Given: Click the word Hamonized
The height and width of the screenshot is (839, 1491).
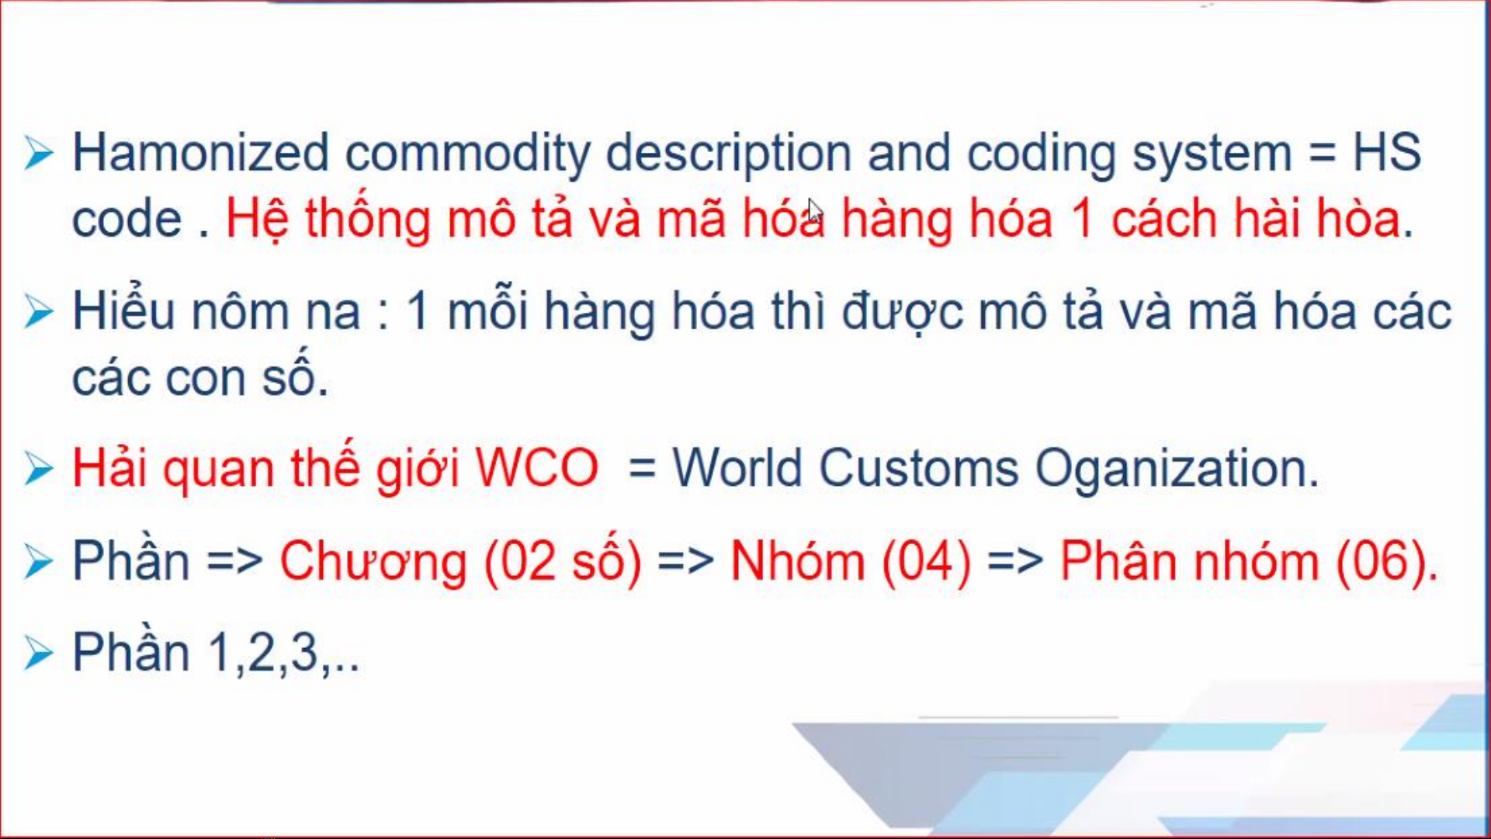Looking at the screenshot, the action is coord(200,152).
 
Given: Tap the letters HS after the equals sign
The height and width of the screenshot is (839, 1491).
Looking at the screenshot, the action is coord(1386,152).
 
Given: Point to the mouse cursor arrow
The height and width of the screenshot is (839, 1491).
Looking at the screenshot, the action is coord(814,211).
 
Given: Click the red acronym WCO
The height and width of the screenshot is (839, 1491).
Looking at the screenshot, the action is coord(536,468).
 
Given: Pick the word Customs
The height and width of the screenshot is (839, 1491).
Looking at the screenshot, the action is coord(918,468).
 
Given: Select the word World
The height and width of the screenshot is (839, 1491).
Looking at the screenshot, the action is coord(737,468).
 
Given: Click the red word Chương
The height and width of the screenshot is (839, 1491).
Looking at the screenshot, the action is coord(373,560).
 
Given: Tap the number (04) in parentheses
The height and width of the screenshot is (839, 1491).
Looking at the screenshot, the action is coord(927,561).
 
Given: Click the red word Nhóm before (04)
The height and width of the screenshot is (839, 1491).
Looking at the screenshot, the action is coord(798,560).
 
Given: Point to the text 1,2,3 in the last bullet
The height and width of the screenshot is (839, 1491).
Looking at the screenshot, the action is coord(263,653).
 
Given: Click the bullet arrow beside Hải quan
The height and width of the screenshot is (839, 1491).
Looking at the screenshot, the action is coord(38,468).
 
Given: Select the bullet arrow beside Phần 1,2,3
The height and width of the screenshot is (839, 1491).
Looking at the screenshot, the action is coord(38,652).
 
